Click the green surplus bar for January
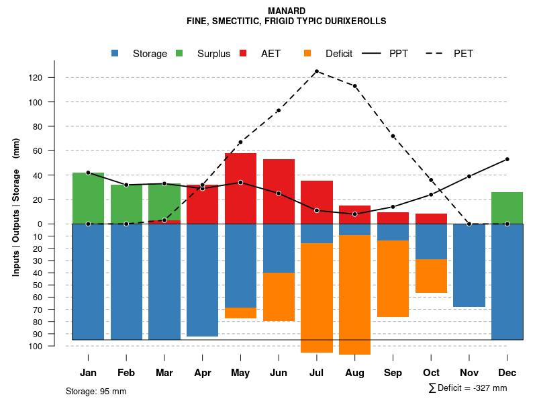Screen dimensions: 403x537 click(88, 198)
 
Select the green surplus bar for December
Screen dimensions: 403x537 click(507, 208)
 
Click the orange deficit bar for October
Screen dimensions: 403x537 click(431, 275)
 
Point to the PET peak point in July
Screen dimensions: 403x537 click(316, 71)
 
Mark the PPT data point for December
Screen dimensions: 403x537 click(507, 159)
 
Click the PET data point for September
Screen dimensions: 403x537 click(393, 136)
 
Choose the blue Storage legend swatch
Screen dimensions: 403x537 click(115, 53)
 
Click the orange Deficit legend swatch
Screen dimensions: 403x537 click(307, 53)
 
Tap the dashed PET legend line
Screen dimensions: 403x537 click(438, 53)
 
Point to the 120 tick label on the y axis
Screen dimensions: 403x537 click(54, 78)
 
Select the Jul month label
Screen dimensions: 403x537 click(316, 373)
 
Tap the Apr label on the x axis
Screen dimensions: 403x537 click(202, 373)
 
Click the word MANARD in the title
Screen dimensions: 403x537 click(286, 11)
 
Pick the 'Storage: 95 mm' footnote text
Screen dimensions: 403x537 click(96, 391)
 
